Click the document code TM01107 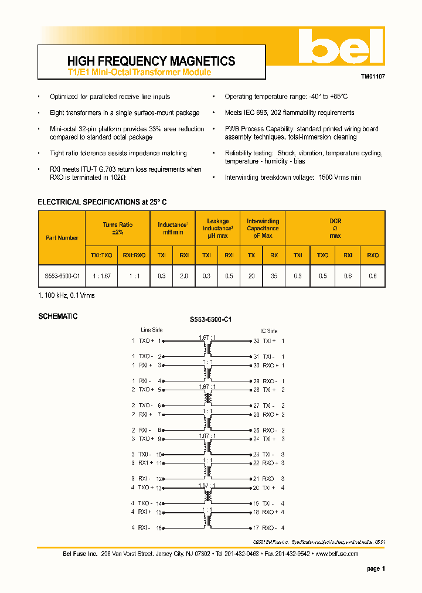coord(372,76)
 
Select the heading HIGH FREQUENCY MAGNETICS coord(151,61)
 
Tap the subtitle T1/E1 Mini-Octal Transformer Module coord(139,72)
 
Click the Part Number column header coord(62,238)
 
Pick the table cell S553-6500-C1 coord(62,275)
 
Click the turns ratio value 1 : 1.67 coord(102,275)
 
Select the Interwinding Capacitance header coord(263,229)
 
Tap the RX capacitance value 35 coord(274,275)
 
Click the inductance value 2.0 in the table coord(184,275)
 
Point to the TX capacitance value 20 coord(251,275)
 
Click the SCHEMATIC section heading coord(57,316)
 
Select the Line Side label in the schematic coord(152,330)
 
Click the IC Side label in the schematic coord(268,330)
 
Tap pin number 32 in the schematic coord(256,340)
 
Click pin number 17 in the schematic coord(256,528)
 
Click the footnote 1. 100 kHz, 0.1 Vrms coord(66,295)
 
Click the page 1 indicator coord(376,568)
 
